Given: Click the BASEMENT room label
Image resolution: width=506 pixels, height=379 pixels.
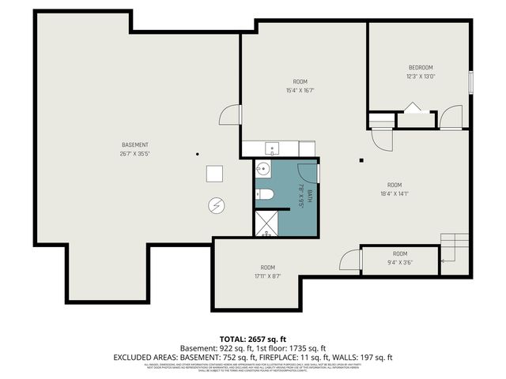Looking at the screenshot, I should tap(135, 144).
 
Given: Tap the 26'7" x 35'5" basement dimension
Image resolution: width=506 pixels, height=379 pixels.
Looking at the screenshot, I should tap(135, 154).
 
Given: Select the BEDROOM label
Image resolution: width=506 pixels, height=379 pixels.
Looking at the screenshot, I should tap(420, 67).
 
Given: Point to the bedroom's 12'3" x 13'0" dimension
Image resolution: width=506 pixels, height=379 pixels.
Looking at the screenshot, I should tap(420, 77).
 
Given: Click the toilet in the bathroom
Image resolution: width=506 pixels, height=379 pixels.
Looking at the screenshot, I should tap(266, 194).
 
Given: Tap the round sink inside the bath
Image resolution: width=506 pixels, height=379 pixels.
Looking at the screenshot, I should tap(263, 168).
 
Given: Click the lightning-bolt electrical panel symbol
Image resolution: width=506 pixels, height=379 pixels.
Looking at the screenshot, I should tap(216, 205).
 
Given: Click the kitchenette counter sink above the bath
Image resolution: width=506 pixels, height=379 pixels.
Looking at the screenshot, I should tap(272, 148).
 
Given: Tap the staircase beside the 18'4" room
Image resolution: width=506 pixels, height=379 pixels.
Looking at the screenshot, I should tap(454, 248).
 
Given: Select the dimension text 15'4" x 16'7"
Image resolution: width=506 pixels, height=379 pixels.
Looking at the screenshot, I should tap(300, 91).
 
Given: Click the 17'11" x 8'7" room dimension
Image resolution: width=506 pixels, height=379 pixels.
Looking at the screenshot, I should tap(267, 276).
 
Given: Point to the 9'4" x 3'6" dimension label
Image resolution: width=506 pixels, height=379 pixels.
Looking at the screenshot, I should tap(399, 262).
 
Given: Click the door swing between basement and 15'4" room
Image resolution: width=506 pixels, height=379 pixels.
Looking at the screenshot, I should tap(230, 115).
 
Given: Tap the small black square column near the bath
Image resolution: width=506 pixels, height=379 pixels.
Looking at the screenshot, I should tap(361, 161).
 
